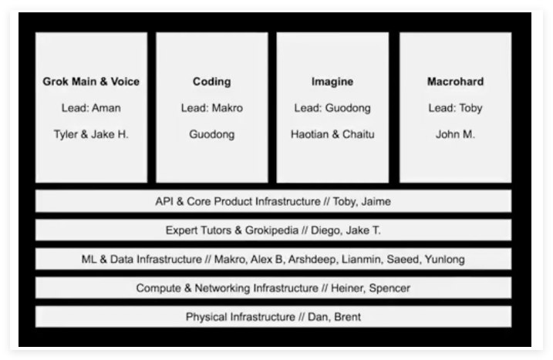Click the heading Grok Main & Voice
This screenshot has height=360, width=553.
[91, 82]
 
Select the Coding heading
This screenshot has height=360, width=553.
[212, 82]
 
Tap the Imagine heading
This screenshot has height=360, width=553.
[332, 82]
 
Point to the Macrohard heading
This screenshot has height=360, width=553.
[455, 82]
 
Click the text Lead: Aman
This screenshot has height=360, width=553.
[91, 108]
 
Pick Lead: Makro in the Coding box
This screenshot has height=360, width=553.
[212, 108]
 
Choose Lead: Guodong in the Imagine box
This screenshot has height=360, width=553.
[332, 108]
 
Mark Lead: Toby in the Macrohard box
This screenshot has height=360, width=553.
[455, 108]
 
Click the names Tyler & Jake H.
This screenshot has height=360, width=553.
[91, 134]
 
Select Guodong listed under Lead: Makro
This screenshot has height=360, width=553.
[212, 134]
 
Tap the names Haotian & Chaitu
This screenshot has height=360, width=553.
[332, 134]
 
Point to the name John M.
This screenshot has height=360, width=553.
[455, 134]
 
